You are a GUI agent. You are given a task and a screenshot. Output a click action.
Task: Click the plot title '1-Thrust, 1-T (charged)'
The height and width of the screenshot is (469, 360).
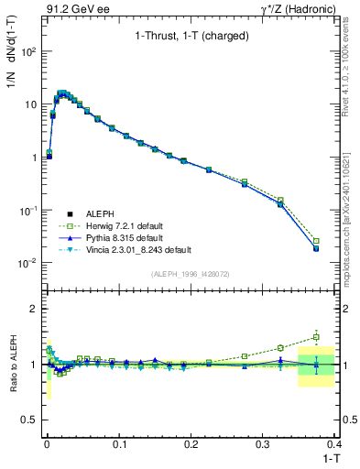(190, 38)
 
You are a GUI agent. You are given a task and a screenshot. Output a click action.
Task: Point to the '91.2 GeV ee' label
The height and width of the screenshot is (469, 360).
(73, 8)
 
